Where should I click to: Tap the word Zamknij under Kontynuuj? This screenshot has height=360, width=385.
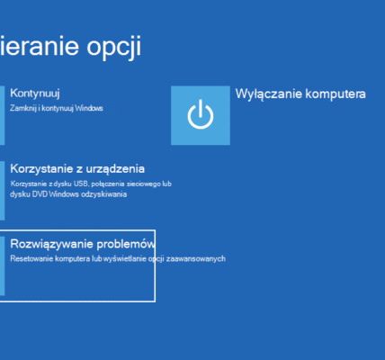point(23,109)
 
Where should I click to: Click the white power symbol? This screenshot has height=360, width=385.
point(200,115)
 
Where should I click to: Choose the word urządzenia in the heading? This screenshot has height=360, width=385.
point(114,168)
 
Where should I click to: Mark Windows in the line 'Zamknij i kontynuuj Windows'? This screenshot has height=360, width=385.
point(89,109)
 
